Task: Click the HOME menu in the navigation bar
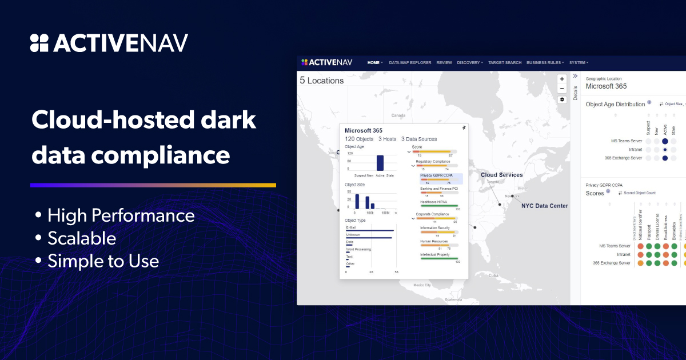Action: (x=374, y=62)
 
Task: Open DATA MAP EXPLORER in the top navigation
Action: (x=410, y=62)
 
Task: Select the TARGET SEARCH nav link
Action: (x=505, y=62)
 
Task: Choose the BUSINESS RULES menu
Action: (x=545, y=62)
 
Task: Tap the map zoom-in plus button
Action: (x=562, y=79)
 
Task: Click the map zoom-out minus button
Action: (x=562, y=89)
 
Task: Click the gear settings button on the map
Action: (x=562, y=99)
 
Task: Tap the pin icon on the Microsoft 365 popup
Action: (x=463, y=128)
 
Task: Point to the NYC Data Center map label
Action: (x=544, y=206)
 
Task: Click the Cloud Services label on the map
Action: (x=501, y=175)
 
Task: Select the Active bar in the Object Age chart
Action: (x=380, y=163)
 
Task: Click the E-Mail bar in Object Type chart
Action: (x=370, y=230)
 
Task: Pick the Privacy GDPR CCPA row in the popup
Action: (x=436, y=175)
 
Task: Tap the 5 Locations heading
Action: (x=322, y=81)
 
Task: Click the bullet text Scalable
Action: (x=82, y=238)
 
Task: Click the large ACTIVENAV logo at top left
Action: (x=109, y=43)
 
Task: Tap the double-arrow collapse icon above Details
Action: (x=575, y=76)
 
